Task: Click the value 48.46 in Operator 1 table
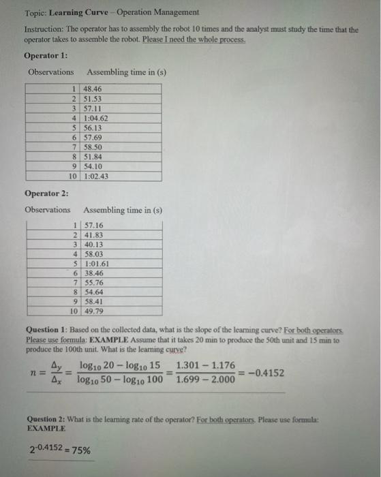pos(91,89)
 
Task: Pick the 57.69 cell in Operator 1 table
pos(91,137)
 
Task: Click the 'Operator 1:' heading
pos(46,55)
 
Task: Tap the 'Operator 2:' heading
pos(46,193)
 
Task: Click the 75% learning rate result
pos(85,450)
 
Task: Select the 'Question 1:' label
pos(47,329)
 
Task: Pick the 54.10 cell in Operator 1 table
pos(91,166)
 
